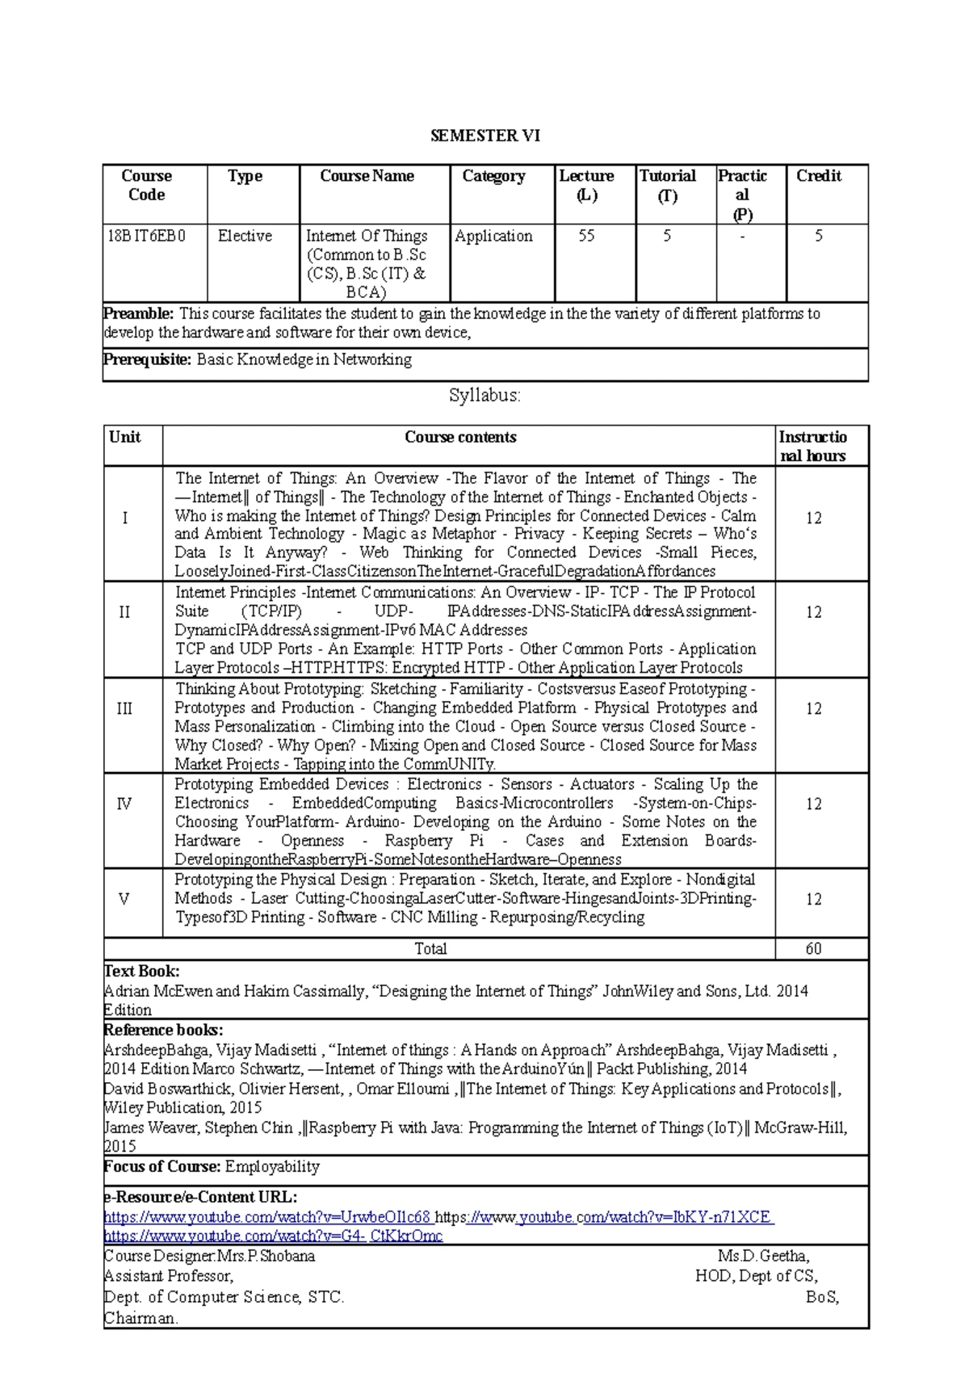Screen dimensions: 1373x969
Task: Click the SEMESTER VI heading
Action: click(484, 136)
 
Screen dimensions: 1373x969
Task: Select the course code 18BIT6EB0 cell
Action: click(146, 236)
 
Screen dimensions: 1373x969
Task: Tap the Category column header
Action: click(493, 176)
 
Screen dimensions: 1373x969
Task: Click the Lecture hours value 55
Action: click(586, 236)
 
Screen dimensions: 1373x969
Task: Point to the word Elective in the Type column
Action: click(245, 236)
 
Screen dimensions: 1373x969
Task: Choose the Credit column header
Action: click(819, 176)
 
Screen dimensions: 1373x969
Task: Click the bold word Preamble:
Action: click(139, 313)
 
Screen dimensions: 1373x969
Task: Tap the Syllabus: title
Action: click(484, 396)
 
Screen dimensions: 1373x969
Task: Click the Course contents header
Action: click(460, 437)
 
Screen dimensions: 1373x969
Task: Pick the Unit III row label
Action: click(124, 708)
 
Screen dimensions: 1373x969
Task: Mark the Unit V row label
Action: click(124, 899)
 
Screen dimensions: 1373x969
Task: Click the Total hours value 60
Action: click(813, 948)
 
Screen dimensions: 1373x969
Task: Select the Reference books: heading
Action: click(164, 1030)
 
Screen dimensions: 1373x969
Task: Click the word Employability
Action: click(272, 1166)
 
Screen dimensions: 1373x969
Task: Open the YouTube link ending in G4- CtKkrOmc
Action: click(273, 1236)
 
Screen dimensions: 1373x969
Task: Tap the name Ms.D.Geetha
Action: click(763, 1256)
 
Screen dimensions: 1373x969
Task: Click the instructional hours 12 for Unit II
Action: click(813, 612)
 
